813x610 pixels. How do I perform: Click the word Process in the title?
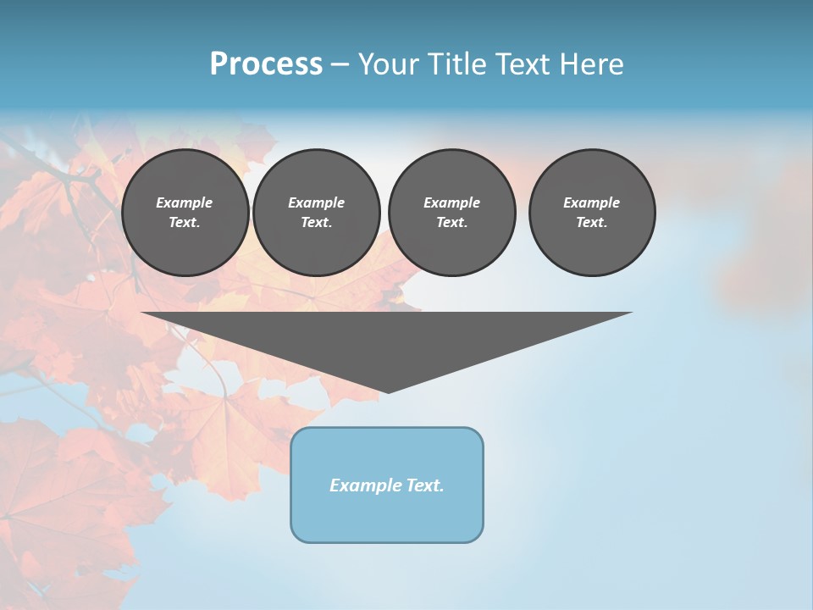266,64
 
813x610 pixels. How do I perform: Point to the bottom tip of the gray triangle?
388,391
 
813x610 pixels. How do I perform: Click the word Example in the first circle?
185,202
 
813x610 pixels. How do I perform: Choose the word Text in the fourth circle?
591,222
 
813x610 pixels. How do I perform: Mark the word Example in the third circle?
451,202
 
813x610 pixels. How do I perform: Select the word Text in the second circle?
316,222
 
